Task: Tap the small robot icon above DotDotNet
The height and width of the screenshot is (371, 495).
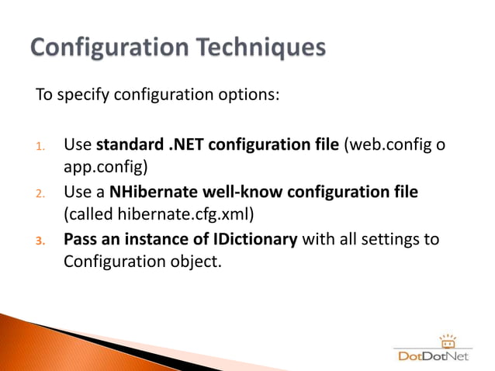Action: point(446,341)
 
